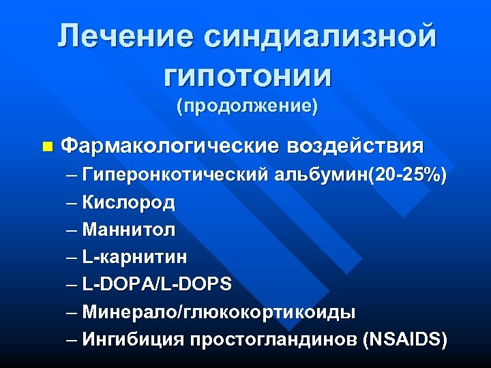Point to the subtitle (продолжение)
247,107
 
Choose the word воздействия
355,146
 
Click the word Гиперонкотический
176,177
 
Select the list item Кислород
128,202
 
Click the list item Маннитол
128,230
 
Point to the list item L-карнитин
134,257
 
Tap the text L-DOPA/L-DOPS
157,284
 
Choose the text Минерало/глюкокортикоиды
218,312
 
